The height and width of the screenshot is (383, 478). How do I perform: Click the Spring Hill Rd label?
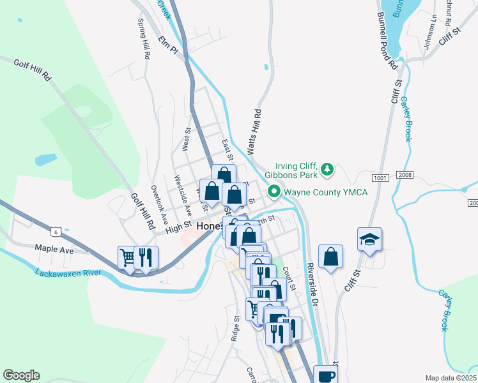click(x=144, y=38)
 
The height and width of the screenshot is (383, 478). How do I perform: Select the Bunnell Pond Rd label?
click(x=387, y=41)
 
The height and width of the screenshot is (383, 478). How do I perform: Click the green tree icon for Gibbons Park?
click(x=327, y=169)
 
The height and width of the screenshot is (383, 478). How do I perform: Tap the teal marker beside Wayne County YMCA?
click(x=274, y=191)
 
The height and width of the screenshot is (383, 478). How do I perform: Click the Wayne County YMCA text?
click(x=326, y=191)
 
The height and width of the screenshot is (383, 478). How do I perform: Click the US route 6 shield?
click(x=57, y=231)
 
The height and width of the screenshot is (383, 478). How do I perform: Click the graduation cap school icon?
click(x=369, y=239)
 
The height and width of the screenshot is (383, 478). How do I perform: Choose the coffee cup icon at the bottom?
click(x=325, y=376)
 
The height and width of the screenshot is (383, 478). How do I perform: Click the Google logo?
click(x=21, y=375)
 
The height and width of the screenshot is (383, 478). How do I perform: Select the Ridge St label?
click(x=236, y=326)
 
